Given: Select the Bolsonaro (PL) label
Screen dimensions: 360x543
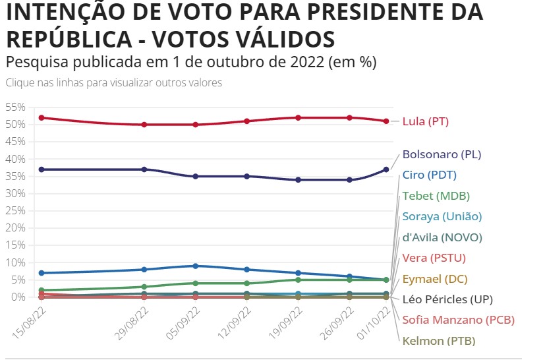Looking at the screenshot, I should point(442,155).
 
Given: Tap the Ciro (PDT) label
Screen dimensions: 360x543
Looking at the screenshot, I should point(429,175).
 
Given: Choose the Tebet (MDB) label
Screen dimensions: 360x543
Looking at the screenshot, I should point(436,196).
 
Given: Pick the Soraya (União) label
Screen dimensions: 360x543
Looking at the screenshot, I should point(442,216).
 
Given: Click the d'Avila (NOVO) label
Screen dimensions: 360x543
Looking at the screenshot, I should point(442,237).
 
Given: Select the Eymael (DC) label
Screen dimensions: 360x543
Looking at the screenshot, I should point(434,279).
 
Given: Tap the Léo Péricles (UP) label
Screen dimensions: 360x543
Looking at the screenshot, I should point(447,299).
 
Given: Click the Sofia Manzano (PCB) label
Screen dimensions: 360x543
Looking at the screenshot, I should point(458,320).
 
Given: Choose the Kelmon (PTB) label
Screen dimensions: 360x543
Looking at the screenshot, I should point(438,341).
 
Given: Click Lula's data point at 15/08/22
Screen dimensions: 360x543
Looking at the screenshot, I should point(42,117).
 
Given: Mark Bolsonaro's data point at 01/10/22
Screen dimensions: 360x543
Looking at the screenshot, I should point(387,169).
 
